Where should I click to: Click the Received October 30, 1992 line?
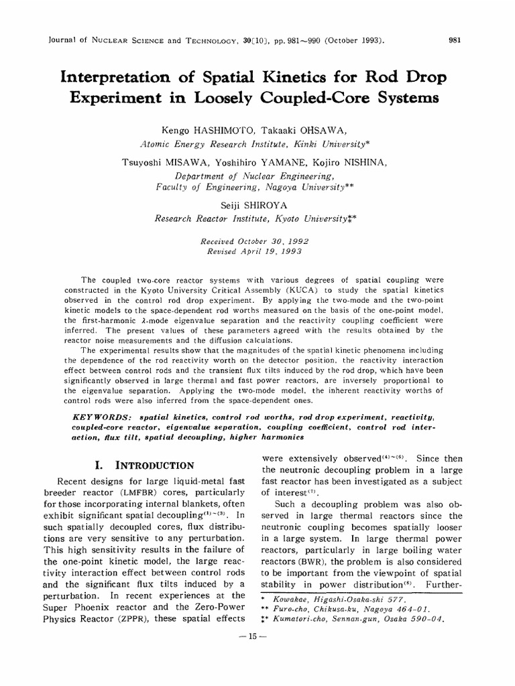(x=255, y=239)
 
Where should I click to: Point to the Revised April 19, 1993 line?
(x=255, y=251)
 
